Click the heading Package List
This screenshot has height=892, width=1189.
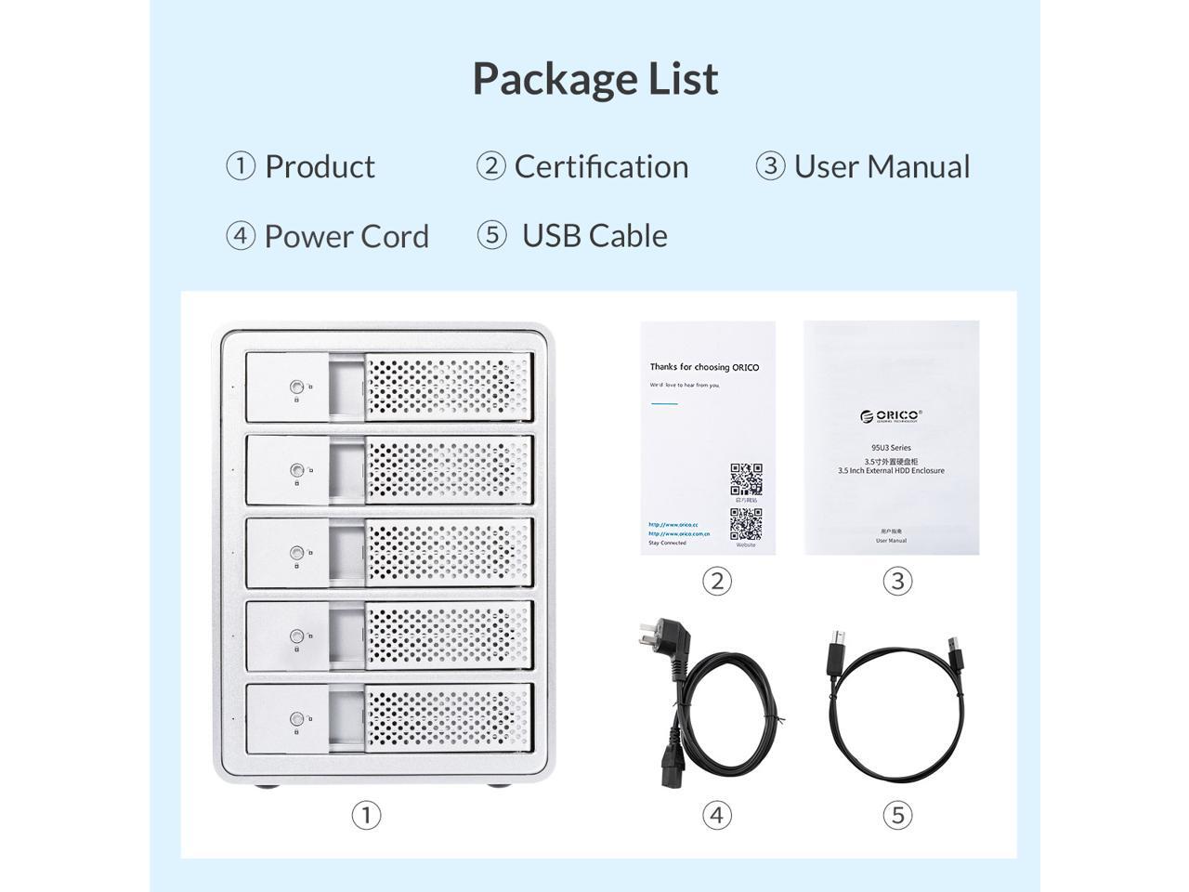click(x=594, y=79)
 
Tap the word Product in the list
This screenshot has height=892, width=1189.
click(x=320, y=166)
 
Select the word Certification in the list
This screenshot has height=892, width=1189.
click(x=601, y=166)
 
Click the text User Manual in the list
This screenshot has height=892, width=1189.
click(x=882, y=166)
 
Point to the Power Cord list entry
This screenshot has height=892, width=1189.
click(x=346, y=236)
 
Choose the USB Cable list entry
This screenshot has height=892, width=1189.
click(x=594, y=236)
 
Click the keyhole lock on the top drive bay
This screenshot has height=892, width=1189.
click(x=296, y=387)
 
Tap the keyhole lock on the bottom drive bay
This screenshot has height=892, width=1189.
click(x=296, y=718)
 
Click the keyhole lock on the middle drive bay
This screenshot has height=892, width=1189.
click(x=296, y=553)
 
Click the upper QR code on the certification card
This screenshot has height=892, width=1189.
click(x=746, y=479)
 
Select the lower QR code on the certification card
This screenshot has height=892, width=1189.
click(x=746, y=524)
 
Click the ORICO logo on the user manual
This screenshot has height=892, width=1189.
click(x=891, y=415)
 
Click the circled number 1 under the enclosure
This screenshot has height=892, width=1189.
click(x=366, y=815)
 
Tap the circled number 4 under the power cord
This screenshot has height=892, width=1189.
click(x=716, y=815)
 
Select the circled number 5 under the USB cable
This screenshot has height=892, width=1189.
click(x=897, y=815)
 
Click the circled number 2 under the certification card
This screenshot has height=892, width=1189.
click(x=716, y=581)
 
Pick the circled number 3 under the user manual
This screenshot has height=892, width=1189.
click(x=897, y=581)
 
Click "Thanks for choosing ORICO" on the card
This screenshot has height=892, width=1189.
click(x=704, y=367)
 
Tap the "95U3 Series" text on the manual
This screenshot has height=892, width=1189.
click(x=891, y=448)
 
